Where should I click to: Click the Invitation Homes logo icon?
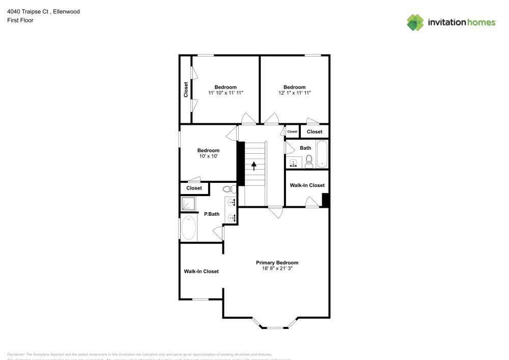pos(415,22)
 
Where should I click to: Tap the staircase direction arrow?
pos(253,166)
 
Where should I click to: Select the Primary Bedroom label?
pos(277,263)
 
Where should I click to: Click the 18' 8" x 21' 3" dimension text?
pos(277,269)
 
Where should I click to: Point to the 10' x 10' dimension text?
pos(208,156)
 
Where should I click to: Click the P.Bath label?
pos(212,214)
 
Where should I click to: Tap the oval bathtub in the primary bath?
pos(188,228)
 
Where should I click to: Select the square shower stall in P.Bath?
pos(188,204)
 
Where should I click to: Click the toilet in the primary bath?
pos(229,188)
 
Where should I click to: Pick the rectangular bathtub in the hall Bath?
pos(322,154)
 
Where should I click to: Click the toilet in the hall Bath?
pos(309,162)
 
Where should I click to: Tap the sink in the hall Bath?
pos(293,163)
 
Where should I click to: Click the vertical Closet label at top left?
pos(186,90)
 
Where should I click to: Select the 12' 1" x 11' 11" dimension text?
pos(295,93)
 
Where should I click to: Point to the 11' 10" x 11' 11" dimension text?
pos(225,93)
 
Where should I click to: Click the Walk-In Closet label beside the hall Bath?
pos(307,185)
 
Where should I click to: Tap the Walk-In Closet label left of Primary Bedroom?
pos(201,271)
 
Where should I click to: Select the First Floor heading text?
pos(20,20)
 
